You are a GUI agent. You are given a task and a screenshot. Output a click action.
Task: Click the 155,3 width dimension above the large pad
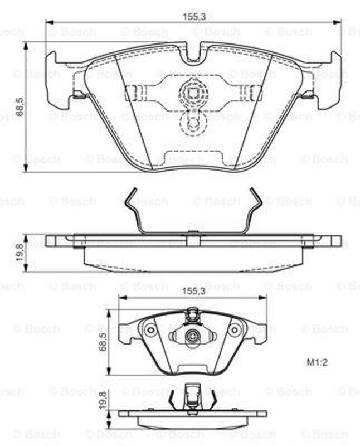click(x=193, y=17)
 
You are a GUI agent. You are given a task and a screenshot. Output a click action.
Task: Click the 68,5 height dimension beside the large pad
click(x=20, y=106)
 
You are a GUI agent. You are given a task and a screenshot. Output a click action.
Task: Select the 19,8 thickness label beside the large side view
click(x=20, y=253)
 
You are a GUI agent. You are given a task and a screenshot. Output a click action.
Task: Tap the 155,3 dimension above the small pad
click(x=193, y=291)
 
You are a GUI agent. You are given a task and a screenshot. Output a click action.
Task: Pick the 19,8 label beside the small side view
click(x=103, y=400)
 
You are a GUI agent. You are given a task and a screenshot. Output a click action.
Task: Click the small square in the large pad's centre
click(x=193, y=93)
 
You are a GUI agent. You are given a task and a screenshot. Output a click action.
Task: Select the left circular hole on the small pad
click(x=151, y=330)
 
